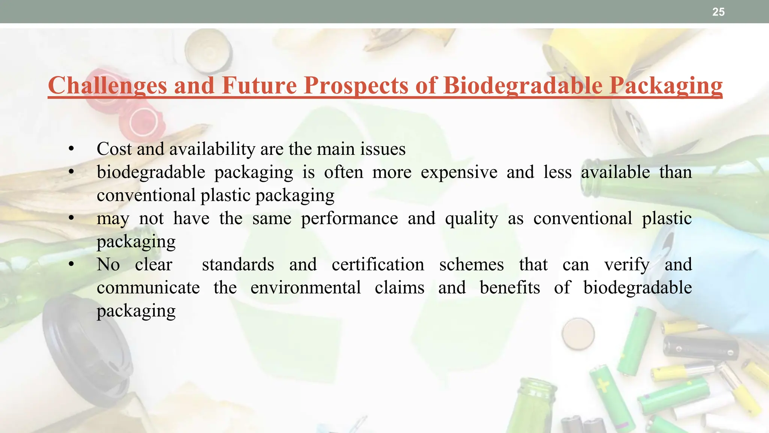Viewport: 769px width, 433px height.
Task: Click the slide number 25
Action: click(x=718, y=12)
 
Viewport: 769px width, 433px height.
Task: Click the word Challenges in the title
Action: click(x=107, y=86)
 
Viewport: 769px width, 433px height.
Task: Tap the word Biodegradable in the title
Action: click(x=523, y=86)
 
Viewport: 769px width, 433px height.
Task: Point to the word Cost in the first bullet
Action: click(x=114, y=149)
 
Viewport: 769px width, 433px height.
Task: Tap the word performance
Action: click(x=349, y=218)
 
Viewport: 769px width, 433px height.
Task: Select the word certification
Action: click(x=378, y=265)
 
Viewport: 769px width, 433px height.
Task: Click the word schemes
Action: click(x=471, y=265)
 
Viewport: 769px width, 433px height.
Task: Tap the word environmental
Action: click(x=306, y=288)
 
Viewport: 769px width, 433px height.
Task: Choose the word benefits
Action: click(x=510, y=288)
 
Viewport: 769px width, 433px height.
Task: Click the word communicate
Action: click(x=148, y=288)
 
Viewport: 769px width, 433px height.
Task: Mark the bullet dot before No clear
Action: click(x=71, y=265)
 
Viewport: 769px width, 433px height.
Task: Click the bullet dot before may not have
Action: click(x=71, y=218)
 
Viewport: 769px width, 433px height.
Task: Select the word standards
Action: click(x=238, y=265)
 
